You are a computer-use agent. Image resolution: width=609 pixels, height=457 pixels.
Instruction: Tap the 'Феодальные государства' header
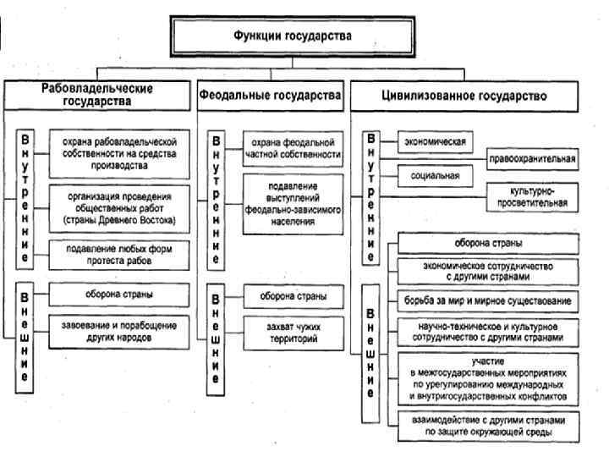271,96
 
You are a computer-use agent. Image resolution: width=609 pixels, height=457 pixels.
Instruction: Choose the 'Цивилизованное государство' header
461,96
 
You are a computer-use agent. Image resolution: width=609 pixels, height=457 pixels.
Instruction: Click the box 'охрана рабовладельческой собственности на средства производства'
118,155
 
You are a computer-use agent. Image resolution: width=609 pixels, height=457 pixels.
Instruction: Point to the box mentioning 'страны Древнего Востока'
118,207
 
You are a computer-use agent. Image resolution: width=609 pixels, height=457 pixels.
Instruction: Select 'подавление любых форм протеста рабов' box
118,253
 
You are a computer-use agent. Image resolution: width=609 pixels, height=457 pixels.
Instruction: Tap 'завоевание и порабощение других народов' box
118,329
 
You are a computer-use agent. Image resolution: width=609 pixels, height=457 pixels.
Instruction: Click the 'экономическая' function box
435,141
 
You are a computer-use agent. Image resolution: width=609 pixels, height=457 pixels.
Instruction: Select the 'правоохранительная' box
533,158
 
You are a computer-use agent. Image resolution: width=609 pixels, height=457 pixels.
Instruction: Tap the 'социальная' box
435,176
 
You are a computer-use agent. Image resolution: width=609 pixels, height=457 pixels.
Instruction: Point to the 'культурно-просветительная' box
533,197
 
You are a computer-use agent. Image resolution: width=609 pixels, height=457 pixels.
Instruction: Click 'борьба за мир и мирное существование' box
487,300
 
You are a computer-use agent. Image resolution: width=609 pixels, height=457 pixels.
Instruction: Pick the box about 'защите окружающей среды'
487,426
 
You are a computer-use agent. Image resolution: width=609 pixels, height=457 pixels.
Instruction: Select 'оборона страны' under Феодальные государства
293,296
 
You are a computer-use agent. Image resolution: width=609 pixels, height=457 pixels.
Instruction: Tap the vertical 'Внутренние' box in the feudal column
217,200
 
